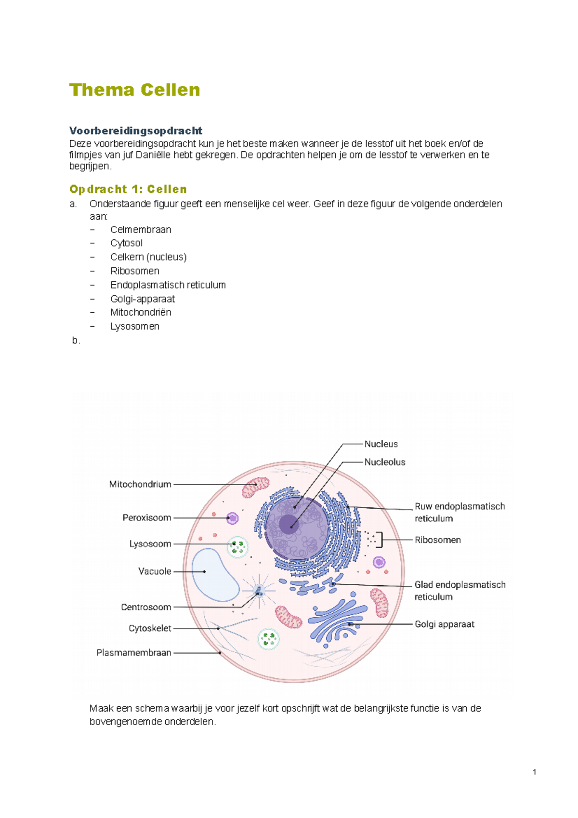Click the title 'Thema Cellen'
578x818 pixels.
[134, 90]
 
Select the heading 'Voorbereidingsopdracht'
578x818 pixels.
[135, 131]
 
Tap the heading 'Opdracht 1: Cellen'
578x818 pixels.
[128, 189]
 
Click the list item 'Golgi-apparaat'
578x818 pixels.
[143, 299]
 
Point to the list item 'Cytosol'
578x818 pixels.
[126, 243]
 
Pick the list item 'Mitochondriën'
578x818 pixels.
[141, 312]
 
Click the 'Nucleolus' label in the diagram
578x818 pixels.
[384, 462]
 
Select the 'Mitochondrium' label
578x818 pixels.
[140, 484]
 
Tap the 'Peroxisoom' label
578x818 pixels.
[146, 518]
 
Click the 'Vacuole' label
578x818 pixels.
[155, 571]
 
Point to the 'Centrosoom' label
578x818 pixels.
[146, 607]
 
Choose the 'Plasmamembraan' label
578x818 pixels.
[133, 653]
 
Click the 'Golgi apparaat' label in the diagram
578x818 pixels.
[444, 624]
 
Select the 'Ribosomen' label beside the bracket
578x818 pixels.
[437, 540]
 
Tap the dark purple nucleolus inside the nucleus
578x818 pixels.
[288, 524]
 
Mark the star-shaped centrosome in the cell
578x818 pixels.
[259, 591]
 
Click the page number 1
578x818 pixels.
[534, 772]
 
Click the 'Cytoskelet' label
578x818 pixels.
[150, 628]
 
